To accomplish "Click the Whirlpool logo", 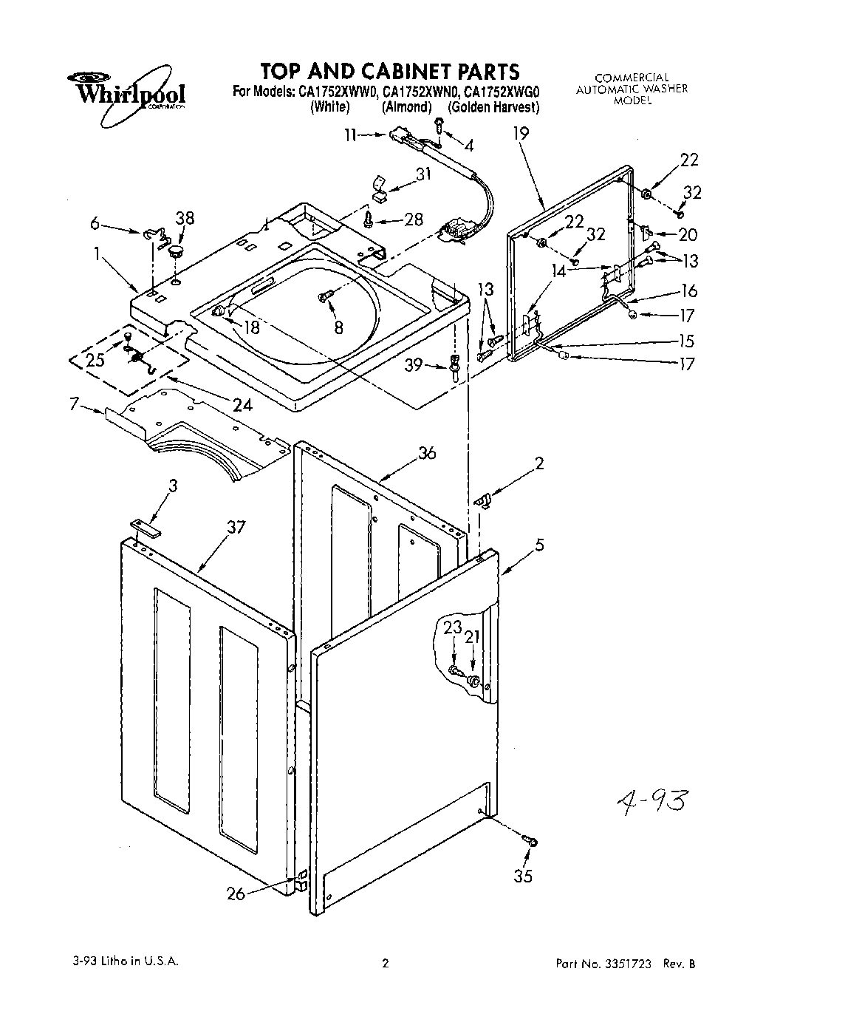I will tap(126, 89).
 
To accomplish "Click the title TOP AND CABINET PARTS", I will tap(389, 71).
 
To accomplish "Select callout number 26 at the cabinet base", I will tap(236, 893).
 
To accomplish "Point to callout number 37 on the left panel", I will tap(236, 527).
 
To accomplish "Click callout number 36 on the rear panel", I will tap(427, 453).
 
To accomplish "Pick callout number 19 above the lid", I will tap(521, 134).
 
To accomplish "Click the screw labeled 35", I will tap(529, 839).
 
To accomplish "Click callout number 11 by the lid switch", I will tap(350, 135).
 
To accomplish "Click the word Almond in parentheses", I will tap(406, 107).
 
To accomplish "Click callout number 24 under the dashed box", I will tap(242, 404).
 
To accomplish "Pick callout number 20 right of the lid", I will tap(687, 234).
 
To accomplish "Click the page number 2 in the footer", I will tap(385, 963).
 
